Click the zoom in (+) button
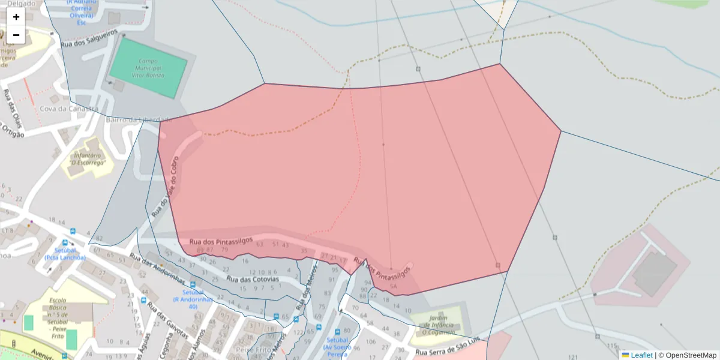point(16,17)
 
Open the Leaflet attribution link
point(641,355)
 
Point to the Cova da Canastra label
point(68,109)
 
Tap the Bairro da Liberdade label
point(139,119)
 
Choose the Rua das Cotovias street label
point(253,279)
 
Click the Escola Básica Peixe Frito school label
point(58,311)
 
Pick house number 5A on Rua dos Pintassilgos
point(393,287)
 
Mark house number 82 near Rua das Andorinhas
point(99,239)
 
